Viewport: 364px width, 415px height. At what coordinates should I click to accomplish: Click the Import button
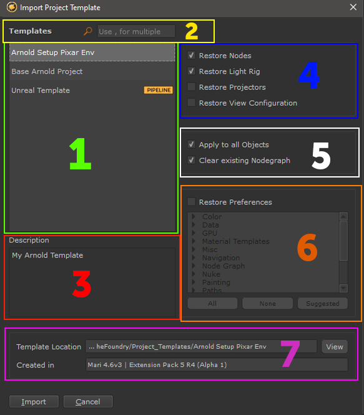[34, 402]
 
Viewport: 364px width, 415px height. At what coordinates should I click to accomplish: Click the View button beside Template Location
[335, 347]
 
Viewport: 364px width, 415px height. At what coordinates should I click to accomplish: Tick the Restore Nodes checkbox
[191, 56]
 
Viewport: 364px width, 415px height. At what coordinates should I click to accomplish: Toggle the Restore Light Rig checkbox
[191, 71]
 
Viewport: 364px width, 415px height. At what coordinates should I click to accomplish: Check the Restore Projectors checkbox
[191, 87]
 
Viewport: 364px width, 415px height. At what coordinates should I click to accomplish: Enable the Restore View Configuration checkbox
[191, 102]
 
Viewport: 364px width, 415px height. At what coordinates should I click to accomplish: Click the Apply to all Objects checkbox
[191, 144]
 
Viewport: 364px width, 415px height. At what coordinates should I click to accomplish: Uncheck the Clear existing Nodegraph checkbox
[191, 160]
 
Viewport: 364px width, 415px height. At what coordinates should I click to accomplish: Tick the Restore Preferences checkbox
[191, 202]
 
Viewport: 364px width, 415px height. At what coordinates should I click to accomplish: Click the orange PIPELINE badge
[159, 90]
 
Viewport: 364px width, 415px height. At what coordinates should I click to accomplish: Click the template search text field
[136, 31]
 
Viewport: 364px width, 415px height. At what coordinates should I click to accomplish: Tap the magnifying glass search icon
[88, 31]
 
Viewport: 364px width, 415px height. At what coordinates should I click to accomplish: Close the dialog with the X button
[353, 7]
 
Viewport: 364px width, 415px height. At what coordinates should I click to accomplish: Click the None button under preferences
[267, 303]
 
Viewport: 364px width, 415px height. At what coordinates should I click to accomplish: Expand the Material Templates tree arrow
[194, 241]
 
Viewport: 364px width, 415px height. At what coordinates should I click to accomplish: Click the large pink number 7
[290, 354]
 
